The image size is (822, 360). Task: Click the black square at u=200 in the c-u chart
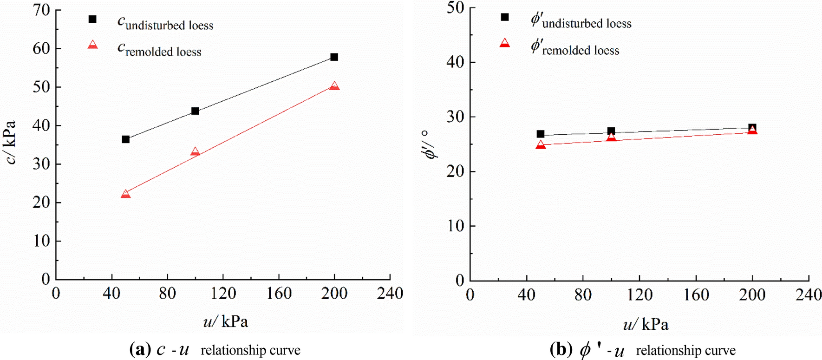[x=334, y=57]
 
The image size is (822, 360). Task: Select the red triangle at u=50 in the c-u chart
[x=125, y=194]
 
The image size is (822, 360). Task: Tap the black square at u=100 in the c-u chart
[x=195, y=111]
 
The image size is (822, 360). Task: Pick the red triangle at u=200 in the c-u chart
[x=334, y=86]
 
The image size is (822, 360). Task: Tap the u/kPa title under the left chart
[x=225, y=321]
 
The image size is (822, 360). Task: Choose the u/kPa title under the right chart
[x=646, y=325]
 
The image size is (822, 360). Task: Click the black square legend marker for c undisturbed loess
[x=92, y=19]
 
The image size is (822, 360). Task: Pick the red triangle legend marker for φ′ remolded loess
[x=505, y=44]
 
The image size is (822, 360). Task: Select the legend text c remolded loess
[x=159, y=49]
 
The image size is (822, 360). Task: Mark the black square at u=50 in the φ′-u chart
[x=541, y=134]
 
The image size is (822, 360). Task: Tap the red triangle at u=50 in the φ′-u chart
[x=541, y=145]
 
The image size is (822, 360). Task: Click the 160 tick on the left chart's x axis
[x=278, y=294]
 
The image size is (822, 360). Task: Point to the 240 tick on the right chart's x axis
[x=809, y=295]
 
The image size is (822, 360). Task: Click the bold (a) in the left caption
[x=140, y=349]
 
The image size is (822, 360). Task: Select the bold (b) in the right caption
[x=561, y=349]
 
